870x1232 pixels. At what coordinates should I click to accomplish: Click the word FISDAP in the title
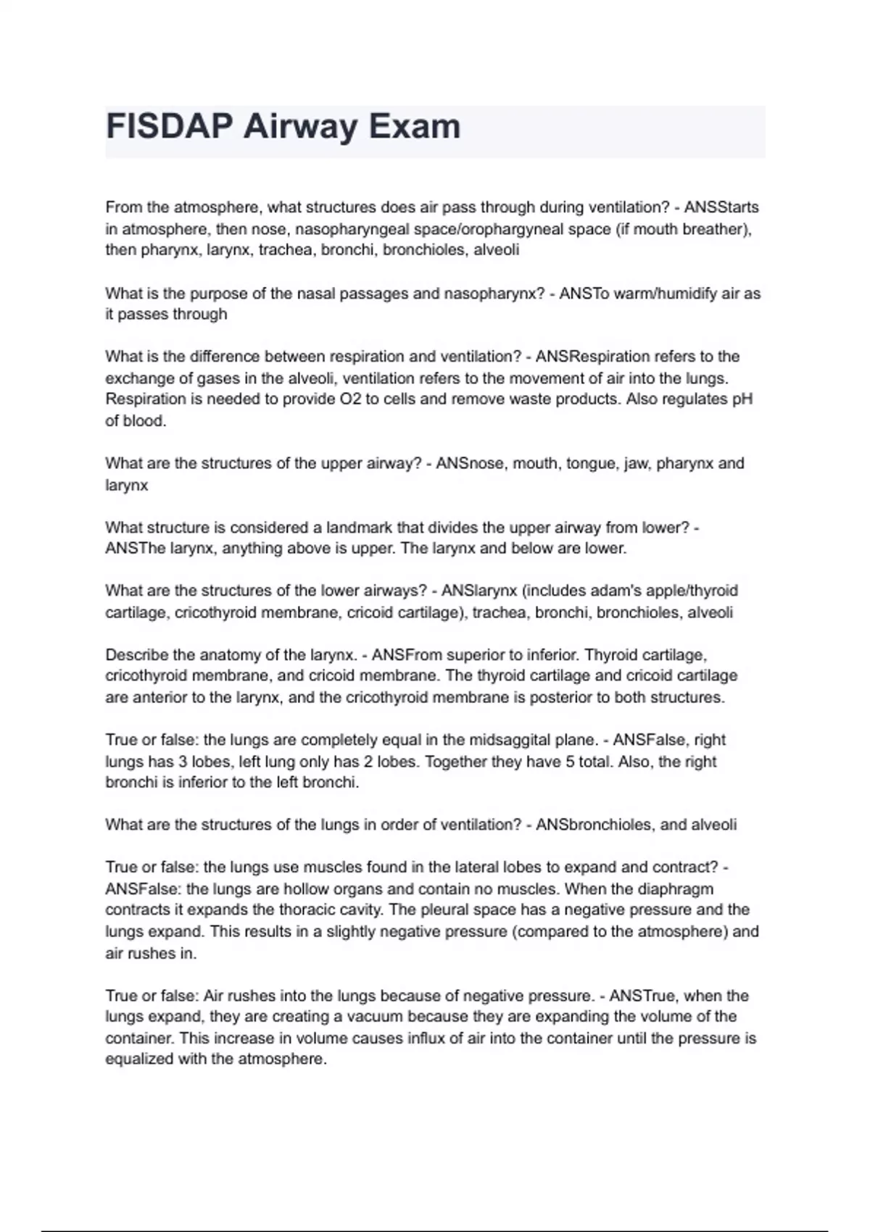169,127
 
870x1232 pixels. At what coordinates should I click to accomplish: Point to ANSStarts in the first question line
721,207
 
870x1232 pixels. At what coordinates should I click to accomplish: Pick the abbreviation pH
743,399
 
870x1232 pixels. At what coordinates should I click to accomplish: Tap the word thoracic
309,910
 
